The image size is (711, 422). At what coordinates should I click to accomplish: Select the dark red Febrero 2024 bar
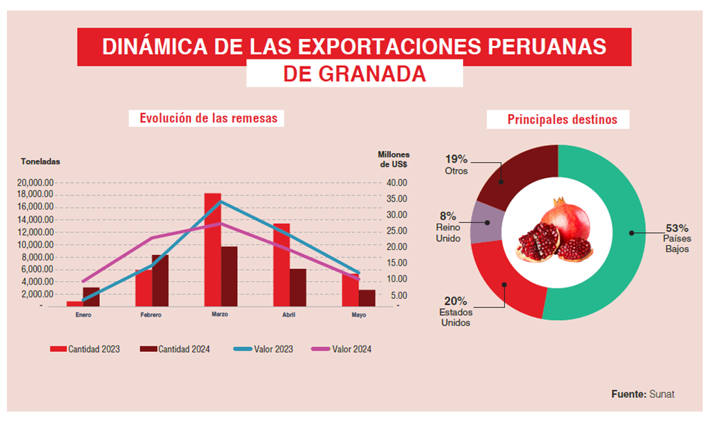[x=161, y=280]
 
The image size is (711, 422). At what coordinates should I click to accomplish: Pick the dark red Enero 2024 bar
[x=91, y=296]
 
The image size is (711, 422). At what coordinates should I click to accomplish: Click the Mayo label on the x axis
[x=358, y=314]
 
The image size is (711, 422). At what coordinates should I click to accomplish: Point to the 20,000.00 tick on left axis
[x=35, y=183]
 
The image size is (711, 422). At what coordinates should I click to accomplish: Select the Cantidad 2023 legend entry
[x=85, y=349]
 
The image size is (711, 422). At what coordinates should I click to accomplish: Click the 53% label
[x=676, y=228]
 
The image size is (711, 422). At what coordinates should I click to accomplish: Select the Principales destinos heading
[x=562, y=120]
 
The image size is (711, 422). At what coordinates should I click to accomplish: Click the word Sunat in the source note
[x=661, y=394]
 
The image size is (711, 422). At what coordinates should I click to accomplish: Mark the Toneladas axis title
[x=40, y=161]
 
